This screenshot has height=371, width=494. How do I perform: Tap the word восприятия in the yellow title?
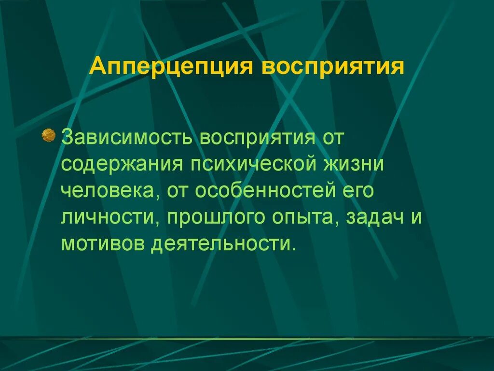pos(332,67)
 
